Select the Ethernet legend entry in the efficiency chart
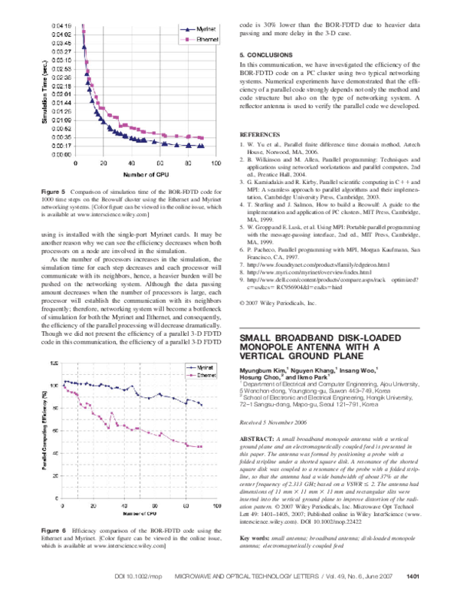pos(202,376)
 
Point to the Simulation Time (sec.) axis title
pos(44,92)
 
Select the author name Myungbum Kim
pos(265,373)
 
